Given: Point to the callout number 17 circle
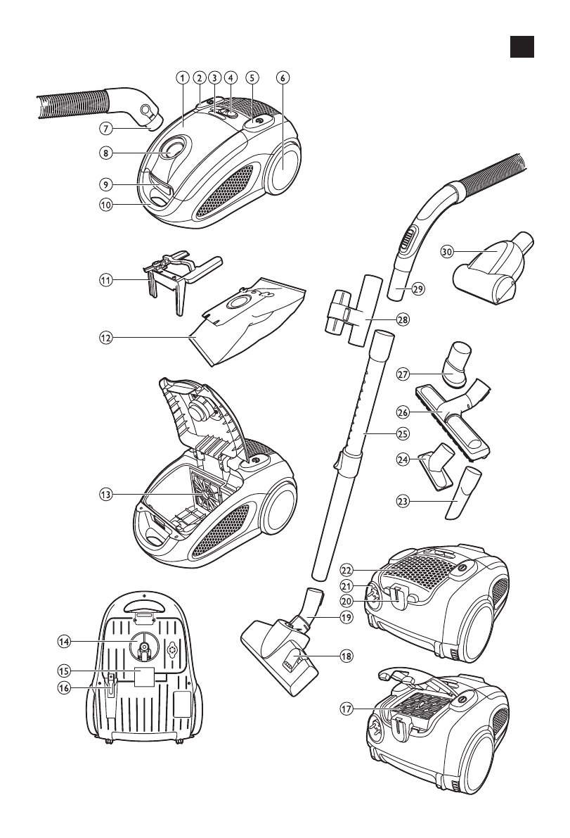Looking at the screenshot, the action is click(x=347, y=709).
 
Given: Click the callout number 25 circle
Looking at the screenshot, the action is click(x=403, y=433).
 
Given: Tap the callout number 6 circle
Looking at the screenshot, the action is click(x=283, y=77).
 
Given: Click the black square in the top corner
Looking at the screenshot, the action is click(x=522, y=46).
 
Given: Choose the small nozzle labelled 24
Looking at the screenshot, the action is click(x=437, y=464).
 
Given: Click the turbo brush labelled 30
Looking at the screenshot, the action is click(x=493, y=268).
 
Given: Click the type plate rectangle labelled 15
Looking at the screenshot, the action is click(x=144, y=677).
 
